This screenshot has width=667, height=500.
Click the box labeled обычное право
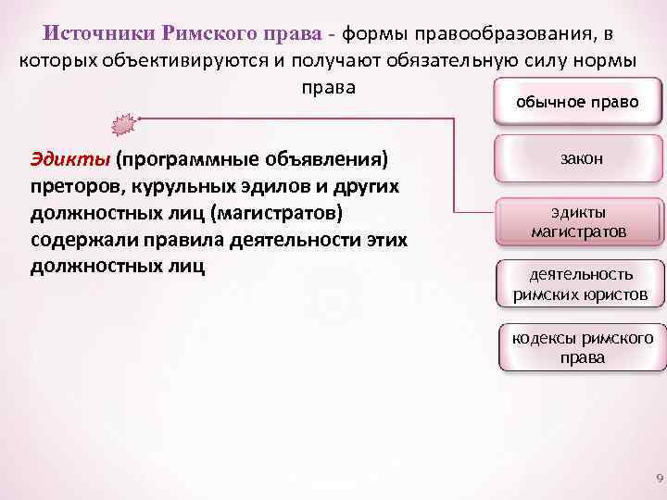pyautogui.click(x=577, y=102)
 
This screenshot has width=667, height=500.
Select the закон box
pyautogui.click(x=581, y=158)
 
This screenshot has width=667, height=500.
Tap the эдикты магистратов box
pyautogui.click(x=579, y=222)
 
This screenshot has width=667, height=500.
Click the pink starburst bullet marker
pyautogui.click(x=124, y=124)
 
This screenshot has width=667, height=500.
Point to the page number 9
pyautogui.click(x=659, y=479)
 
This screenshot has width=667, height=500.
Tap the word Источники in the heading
pyautogui.click(x=100, y=33)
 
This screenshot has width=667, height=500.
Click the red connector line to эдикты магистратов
pyautogui.click(x=456, y=176)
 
